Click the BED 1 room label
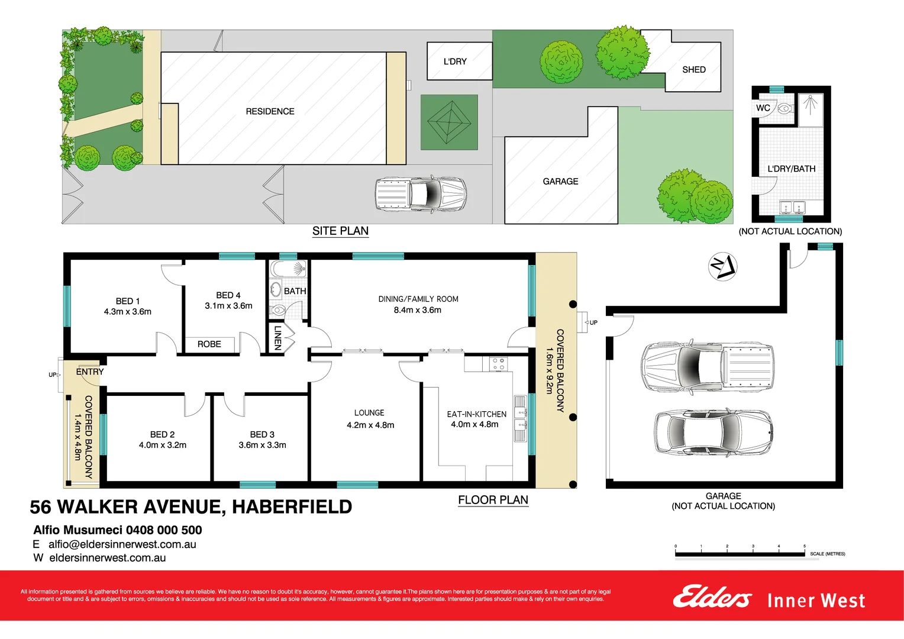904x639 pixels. point(127,301)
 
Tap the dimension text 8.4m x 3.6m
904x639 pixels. point(418,310)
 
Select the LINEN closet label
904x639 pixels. point(277,338)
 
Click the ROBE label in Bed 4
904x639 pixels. point(209,344)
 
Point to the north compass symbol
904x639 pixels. point(722,266)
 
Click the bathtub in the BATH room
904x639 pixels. point(288,269)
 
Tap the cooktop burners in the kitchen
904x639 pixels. point(498,364)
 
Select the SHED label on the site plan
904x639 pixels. point(693,70)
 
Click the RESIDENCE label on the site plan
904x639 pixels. point(270,111)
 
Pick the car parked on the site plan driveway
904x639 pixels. point(421,194)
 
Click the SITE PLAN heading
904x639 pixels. point(340,231)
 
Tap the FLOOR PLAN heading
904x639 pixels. point(493,500)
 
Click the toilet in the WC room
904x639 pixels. point(784,108)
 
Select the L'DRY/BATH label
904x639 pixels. point(791,169)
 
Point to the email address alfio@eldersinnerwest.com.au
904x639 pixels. point(122,544)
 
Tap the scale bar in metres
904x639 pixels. point(740,554)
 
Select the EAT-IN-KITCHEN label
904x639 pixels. point(476,414)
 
